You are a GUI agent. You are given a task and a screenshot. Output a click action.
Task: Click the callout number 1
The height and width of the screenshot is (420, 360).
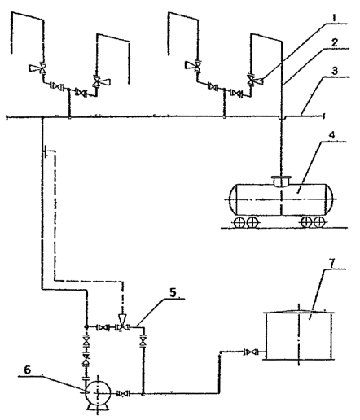(x=334, y=18)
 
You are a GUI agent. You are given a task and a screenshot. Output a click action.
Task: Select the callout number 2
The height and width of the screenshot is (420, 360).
(x=334, y=42)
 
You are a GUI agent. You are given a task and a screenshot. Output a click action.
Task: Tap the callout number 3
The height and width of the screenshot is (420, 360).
(x=335, y=71)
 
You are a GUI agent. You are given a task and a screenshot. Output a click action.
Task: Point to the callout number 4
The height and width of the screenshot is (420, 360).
(x=332, y=135)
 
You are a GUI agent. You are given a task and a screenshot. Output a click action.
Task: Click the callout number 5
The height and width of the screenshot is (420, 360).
(x=173, y=292)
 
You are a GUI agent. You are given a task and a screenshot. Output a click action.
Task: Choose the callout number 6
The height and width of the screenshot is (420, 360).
(x=27, y=370)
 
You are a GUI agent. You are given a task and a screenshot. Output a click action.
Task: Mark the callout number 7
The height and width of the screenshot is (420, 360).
(x=332, y=263)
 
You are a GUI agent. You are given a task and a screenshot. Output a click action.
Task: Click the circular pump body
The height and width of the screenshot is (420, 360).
(x=98, y=392)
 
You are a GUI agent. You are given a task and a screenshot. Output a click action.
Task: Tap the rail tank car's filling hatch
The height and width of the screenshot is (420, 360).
(x=281, y=181)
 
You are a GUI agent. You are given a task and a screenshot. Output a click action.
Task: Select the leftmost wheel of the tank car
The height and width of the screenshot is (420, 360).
(x=239, y=222)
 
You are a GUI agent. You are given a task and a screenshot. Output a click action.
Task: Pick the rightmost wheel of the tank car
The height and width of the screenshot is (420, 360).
(x=318, y=222)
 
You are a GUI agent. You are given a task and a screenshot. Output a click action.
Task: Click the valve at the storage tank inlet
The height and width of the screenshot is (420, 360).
(x=252, y=352)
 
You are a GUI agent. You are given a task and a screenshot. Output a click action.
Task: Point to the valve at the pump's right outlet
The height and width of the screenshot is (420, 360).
(x=124, y=394)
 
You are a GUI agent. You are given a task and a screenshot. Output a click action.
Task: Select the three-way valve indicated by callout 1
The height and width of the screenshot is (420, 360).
(x=254, y=80)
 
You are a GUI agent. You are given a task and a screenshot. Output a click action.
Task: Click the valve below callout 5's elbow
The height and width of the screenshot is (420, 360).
(x=143, y=341)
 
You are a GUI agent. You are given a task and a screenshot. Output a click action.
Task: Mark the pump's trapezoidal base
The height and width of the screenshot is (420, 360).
(x=98, y=407)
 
